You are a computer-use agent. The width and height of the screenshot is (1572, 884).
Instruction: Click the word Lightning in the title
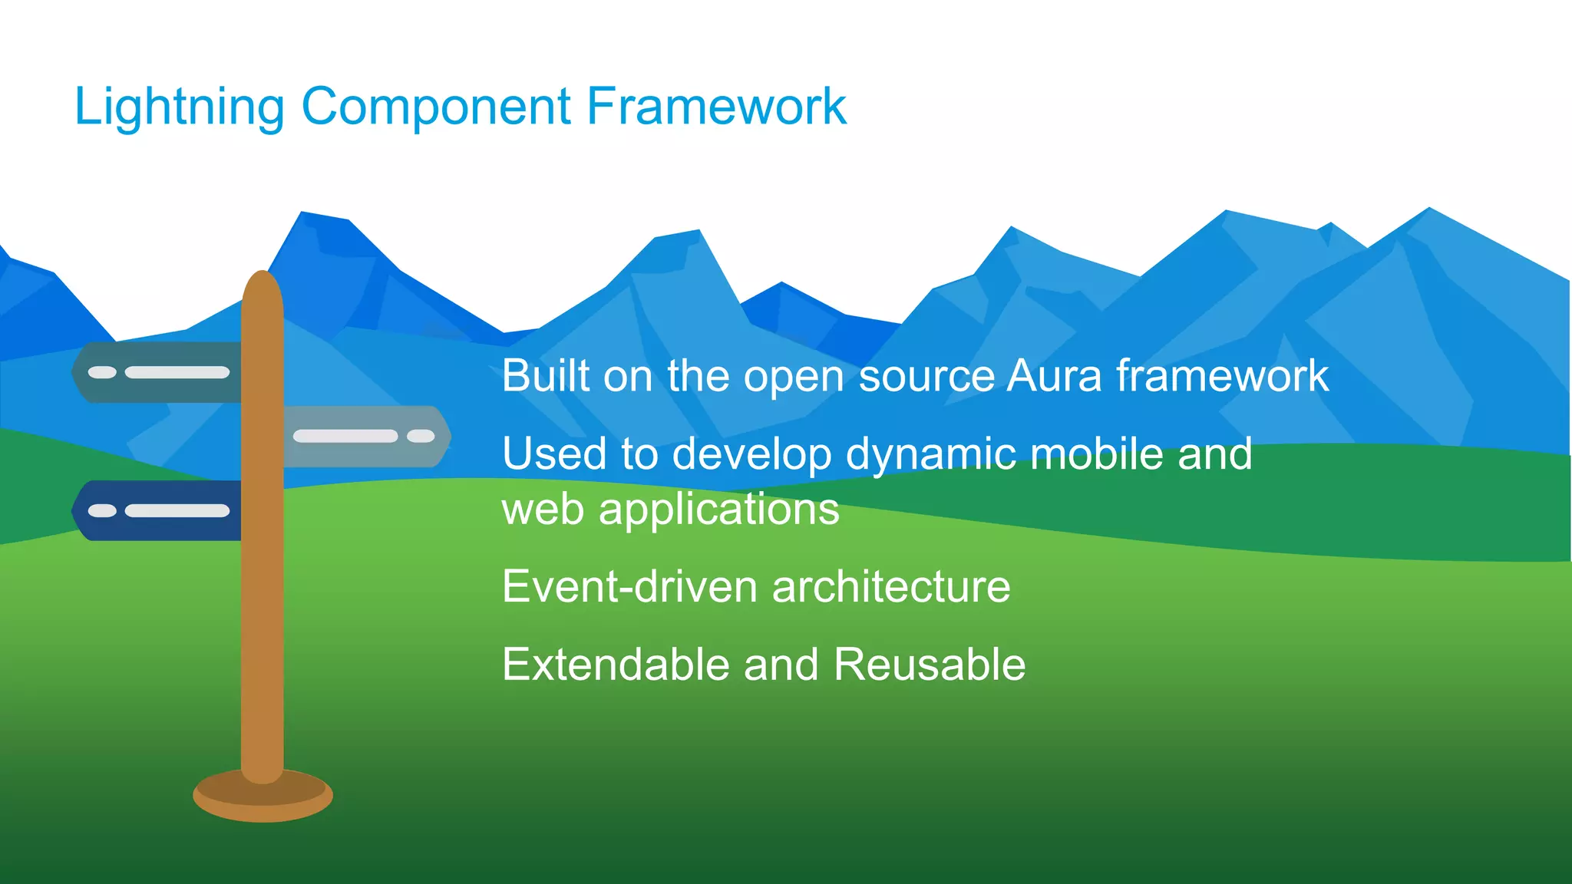tap(179, 107)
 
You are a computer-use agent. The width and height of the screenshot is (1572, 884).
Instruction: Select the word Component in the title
tap(436, 107)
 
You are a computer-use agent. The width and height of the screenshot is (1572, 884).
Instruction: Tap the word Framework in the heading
tap(716, 107)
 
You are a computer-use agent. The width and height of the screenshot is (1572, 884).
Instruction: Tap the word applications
tap(718, 510)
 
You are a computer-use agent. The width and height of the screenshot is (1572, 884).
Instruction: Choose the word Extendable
tap(615, 665)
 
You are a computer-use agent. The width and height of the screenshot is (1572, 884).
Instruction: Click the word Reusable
tap(929, 665)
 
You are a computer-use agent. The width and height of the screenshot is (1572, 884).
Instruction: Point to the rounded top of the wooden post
tap(263, 288)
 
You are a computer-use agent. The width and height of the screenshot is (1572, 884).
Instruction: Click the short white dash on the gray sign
tap(421, 436)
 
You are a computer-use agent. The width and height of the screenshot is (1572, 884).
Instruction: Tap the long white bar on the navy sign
tap(177, 511)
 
